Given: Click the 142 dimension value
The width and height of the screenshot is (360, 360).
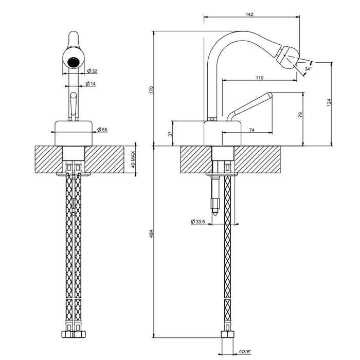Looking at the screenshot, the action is click(x=249, y=14).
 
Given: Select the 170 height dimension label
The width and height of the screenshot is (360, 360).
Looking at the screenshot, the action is click(x=151, y=89).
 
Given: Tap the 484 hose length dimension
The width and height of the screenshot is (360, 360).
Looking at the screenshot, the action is click(x=151, y=233).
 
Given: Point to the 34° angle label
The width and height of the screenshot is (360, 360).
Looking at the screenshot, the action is click(x=308, y=69).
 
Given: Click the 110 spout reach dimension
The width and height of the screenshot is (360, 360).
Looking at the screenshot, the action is click(x=259, y=78).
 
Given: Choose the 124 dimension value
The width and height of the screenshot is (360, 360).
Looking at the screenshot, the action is click(x=329, y=102).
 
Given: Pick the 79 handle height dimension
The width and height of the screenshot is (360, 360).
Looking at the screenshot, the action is click(x=300, y=115).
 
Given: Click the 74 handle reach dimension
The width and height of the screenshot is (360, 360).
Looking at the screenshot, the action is click(x=251, y=130).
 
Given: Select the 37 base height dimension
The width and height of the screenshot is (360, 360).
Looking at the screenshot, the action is click(x=170, y=134).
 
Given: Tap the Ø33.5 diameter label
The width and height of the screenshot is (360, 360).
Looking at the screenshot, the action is click(x=197, y=222).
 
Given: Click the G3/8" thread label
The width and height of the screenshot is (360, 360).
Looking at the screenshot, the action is click(x=245, y=351).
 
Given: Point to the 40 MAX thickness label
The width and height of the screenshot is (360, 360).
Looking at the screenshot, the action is click(x=133, y=159).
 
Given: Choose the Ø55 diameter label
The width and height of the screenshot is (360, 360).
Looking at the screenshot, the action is click(x=102, y=130).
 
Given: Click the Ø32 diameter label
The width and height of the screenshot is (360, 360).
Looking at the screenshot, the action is click(x=92, y=71).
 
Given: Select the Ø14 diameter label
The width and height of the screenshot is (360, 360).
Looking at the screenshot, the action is click(x=91, y=83).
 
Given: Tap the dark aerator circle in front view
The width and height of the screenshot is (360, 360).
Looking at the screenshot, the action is click(x=74, y=62).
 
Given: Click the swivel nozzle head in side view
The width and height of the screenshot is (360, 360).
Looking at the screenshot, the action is click(x=287, y=57).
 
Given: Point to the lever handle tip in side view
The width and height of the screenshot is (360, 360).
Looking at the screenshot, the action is click(x=269, y=95).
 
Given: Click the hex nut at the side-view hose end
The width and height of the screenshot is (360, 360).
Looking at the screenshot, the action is click(x=227, y=334).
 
